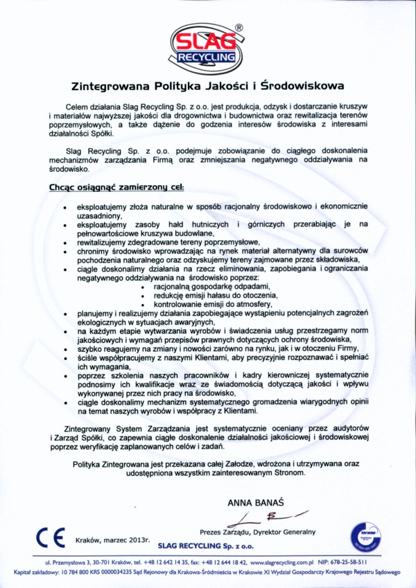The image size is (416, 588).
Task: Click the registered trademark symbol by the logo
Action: [x=239, y=28]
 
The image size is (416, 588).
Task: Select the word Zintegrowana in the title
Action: [x=110, y=87]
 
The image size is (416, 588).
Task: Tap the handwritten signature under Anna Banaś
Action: [x=266, y=517]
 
